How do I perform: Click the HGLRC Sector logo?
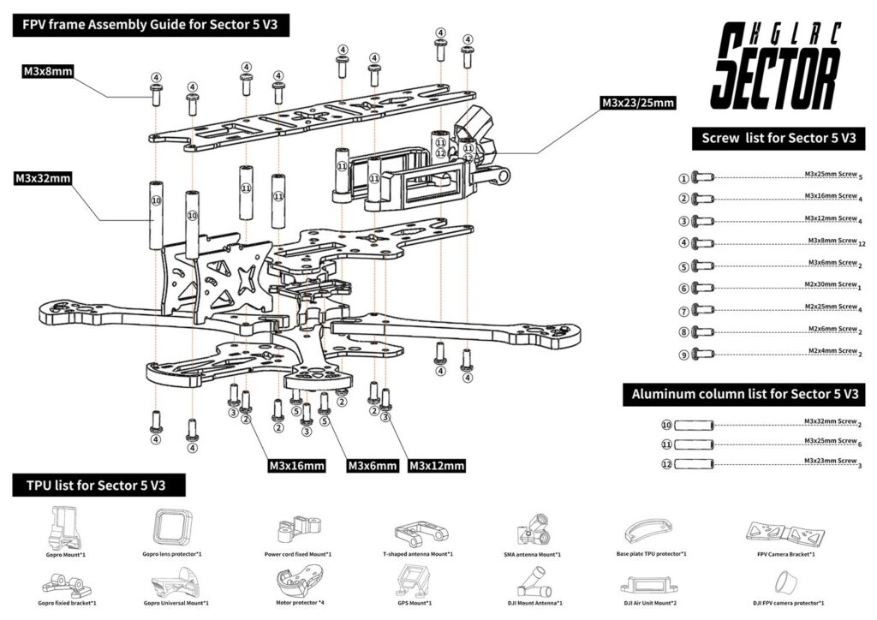[x=776, y=65]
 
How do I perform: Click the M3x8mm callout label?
[x=47, y=72]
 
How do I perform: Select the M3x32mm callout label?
[x=42, y=179]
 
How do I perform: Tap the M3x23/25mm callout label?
[x=638, y=103]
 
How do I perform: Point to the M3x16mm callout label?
[x=296, y=466]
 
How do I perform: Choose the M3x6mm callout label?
[x=372, y=466]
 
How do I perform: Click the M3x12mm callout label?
[x=437, y=466]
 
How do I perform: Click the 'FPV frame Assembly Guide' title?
[x=150, y=24]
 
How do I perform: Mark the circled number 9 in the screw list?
[x=683, y=354]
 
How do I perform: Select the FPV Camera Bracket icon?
[x=785, y=533]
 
